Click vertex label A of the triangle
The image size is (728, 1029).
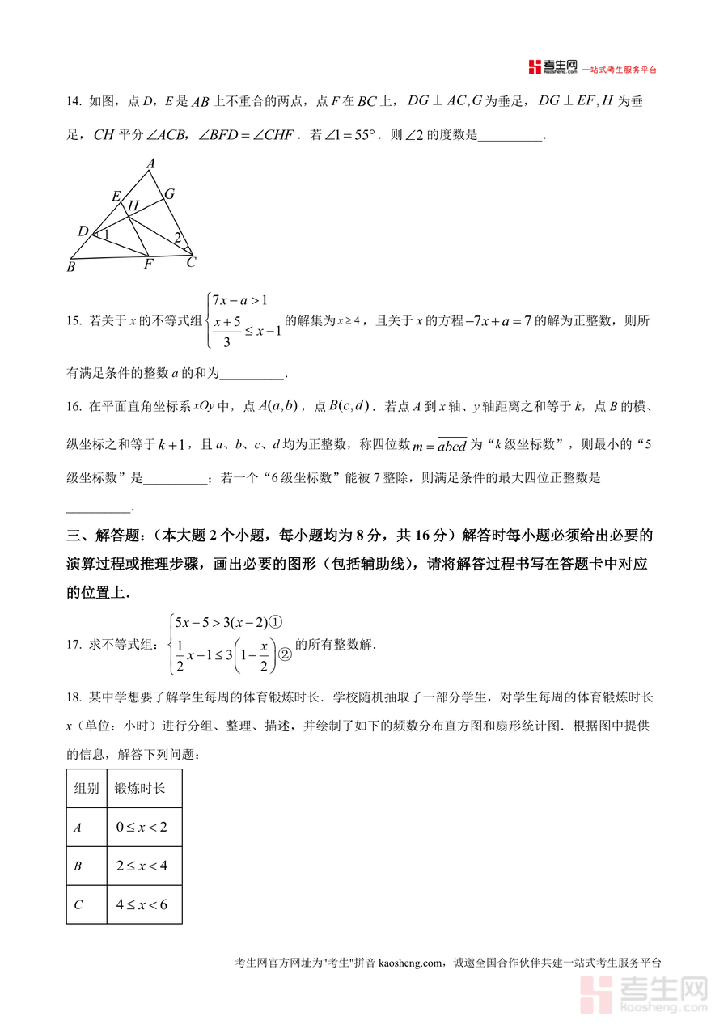150,163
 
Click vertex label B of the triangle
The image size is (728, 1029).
71,266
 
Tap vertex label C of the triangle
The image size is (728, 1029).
191,262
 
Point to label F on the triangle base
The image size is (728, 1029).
148,265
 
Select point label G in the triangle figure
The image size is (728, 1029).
169,193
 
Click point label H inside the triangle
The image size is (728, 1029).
133,206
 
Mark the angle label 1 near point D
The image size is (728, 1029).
104,235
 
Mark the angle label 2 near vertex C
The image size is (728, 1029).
177,237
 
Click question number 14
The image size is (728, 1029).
74,101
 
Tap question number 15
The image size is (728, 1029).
74,321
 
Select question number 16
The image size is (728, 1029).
74,405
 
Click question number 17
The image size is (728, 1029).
74,645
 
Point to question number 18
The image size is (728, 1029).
74,697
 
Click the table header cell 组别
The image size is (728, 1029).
87,788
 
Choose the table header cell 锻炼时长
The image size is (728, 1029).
139,788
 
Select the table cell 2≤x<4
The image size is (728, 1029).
142,866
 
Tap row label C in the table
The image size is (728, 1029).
78,905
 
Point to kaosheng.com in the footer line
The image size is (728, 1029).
411,963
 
